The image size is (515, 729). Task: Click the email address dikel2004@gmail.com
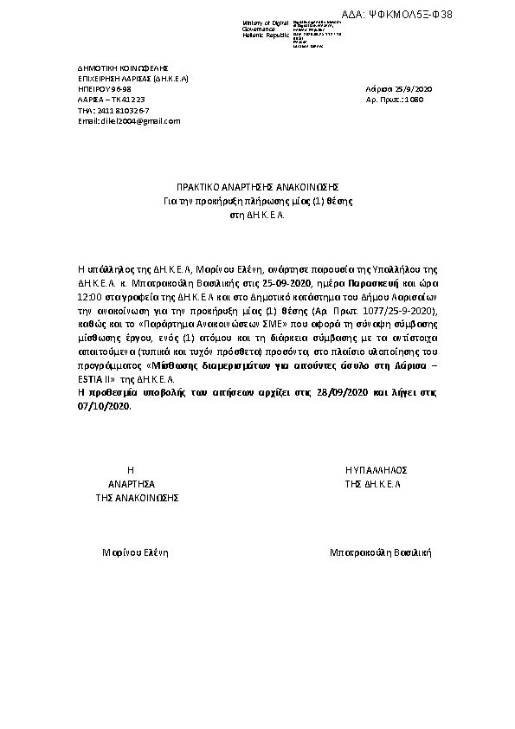[129, 120]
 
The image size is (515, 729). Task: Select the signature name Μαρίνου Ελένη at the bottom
[134, 552]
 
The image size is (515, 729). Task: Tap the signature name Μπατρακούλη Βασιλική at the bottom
[380, 552]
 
